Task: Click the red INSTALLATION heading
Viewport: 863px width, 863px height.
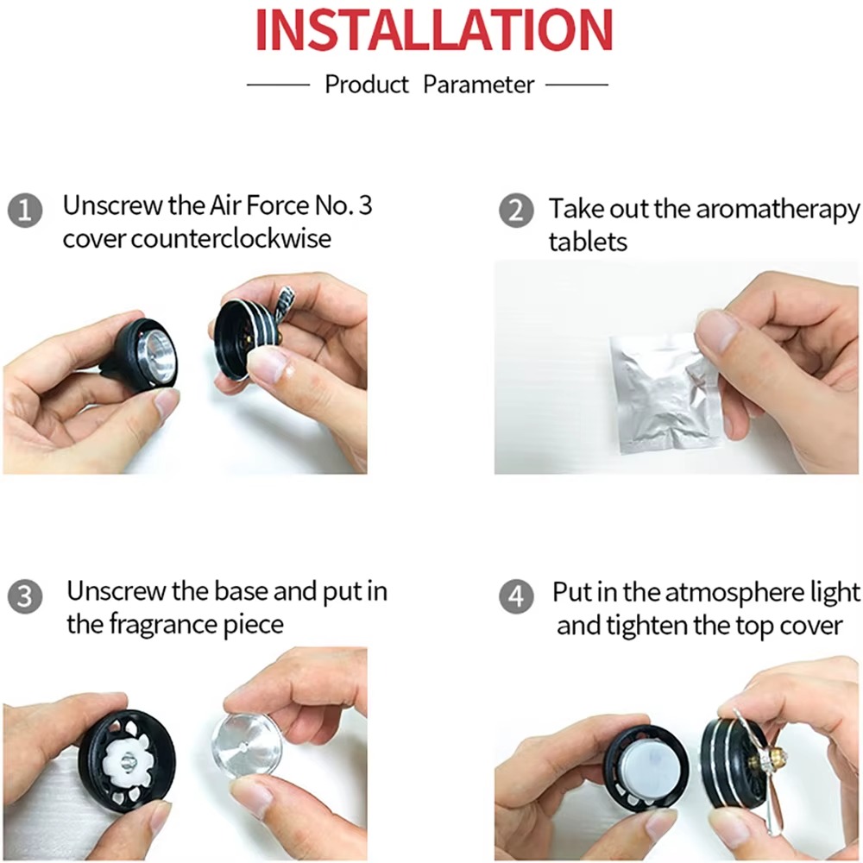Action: point(434,29)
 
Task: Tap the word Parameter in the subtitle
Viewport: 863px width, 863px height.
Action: point(478,85)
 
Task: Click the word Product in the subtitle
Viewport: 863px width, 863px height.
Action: point(367,85)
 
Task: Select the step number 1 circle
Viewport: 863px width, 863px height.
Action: point(25,211)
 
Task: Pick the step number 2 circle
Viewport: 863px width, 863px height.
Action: point(516,211)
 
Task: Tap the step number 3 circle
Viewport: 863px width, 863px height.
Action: point(25,596)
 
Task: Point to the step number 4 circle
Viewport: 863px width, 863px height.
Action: point(516,596)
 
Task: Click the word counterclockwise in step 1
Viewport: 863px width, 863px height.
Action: point(231,239)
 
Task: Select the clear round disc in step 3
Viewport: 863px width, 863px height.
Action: point(246,747)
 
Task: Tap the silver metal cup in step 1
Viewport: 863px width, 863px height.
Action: point(155,356)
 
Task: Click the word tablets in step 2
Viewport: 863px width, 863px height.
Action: point(588,243)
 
